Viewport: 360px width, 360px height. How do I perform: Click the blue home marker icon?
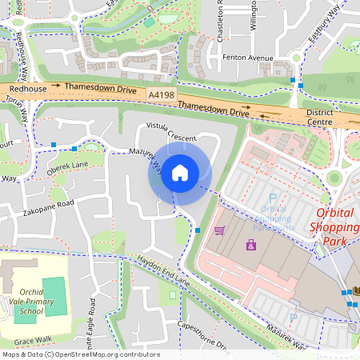179,173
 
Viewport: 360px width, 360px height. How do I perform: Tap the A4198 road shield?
161,94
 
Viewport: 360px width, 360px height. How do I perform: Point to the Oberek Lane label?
67,166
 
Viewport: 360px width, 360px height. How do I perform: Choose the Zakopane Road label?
48,204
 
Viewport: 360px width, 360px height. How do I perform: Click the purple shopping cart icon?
219,230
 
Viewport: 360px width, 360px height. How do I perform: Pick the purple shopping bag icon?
251,245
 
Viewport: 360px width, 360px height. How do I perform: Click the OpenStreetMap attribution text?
80,354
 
